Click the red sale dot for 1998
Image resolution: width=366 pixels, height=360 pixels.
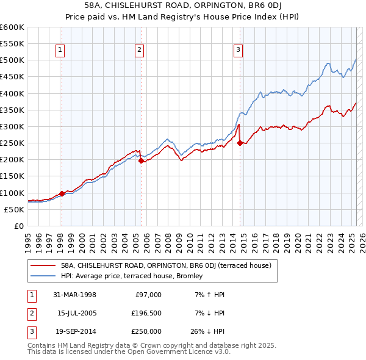[x=62, y=193]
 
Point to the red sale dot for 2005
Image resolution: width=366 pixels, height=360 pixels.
[x=141, y=161]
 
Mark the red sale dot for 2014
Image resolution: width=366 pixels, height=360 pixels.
[x=240, y=143]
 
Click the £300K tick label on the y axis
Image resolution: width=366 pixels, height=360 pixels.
[x=12, y=127]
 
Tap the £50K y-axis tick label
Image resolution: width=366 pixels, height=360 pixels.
[x=15, y=209]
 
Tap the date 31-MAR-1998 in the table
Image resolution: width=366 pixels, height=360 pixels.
[x=74, y=295]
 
